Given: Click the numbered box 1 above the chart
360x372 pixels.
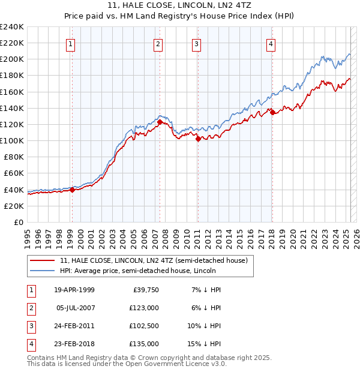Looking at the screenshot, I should click(x=71, y=44).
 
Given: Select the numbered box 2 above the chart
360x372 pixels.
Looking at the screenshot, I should click(x=158, y=44).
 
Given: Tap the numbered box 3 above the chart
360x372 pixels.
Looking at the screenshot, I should click(x=196, y=44).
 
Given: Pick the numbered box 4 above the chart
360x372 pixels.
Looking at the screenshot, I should click(x=271, y=44).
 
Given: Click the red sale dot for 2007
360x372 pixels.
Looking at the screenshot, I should click(x=160, y=122).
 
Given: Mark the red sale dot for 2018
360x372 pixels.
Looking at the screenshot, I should click(x=272, y=112).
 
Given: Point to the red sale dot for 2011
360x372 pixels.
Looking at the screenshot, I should click(x=198, y=139).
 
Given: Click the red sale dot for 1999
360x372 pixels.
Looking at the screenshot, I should click(x=72, y=190).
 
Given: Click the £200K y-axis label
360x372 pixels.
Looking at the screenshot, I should click(x=12, y=59).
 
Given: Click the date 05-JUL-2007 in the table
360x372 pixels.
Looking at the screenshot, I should click(x=75, y=307).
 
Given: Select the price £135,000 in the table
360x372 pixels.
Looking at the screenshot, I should click(x=145, y=344).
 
